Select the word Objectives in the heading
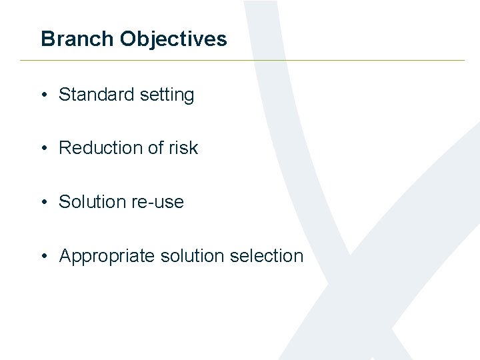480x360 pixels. tap(173, 39)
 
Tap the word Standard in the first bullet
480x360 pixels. tap(97, 95)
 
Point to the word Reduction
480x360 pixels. tap(101, 147)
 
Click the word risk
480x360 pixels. tap(183, 147)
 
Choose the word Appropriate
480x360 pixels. tap(107, 255)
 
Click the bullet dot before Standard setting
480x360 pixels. tap(43, 95)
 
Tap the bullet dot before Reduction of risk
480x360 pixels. tap(43, 148)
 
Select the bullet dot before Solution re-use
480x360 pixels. tap(43, 202)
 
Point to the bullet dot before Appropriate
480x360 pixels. tap(43, 256)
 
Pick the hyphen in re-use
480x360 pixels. tap(147, 203)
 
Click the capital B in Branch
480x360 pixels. tap(47, 39)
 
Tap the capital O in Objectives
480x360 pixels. tap(127, 39)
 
